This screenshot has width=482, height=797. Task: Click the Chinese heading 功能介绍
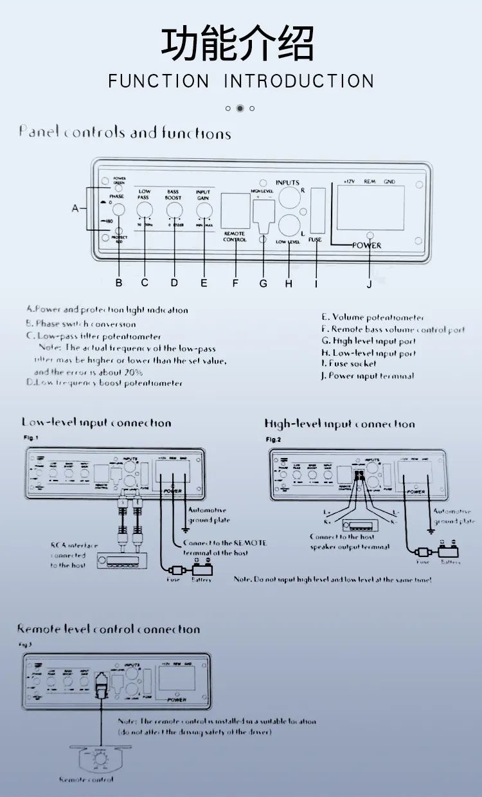[238, 43]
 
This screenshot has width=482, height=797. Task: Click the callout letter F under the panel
[235, 282]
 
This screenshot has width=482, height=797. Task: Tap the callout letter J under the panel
[370, 284]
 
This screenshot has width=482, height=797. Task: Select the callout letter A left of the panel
[76, 208]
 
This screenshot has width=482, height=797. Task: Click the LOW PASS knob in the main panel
[145, 210]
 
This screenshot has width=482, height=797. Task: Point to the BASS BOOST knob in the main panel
[174, 210]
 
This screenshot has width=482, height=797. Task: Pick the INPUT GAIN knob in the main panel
[204, 210]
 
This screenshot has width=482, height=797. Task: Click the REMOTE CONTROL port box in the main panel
[235, 210]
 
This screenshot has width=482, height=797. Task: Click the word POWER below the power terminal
[366, 245]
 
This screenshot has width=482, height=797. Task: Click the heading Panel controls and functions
[125, 133]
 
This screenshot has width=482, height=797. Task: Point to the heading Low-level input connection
[96, 423]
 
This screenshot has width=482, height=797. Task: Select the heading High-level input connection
[339, 424]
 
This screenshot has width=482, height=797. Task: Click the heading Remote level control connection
[109, 628]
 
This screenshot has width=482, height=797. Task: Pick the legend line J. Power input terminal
[368, 376]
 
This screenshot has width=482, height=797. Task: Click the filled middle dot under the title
[240, 108]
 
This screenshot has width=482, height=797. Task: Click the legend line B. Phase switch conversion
[81, 324]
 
